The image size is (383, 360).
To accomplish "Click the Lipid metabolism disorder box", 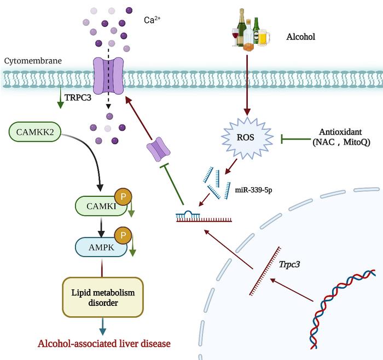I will (103, 297).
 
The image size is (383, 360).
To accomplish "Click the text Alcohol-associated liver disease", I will (104, 344).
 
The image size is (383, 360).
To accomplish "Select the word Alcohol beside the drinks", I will (301, 37).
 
